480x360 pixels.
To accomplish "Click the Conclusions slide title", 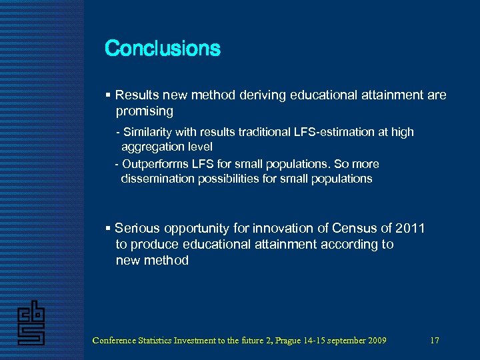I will coord(163,49).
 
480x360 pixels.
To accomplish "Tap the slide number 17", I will coord(435,341).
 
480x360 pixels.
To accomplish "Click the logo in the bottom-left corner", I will coord(31,323).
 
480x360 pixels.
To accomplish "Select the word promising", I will coord(144,111).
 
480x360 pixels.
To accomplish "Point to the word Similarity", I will coord(149,132).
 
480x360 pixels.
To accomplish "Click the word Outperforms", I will coord(154,164).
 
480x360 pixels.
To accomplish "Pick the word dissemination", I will coord(157,179).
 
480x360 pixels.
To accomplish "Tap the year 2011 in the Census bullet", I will coord(409,229).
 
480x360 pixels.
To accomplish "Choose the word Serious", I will coord(137,229).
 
